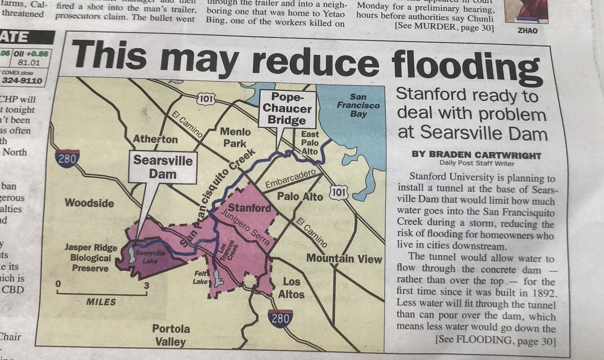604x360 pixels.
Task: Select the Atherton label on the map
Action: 155,139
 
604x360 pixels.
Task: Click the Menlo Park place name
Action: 236,137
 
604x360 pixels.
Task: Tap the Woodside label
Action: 89,203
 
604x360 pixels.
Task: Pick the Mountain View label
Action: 344,259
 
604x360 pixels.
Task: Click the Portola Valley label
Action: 171,335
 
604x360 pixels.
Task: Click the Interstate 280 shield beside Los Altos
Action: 280,318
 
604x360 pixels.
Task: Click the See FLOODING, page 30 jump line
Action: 495,342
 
